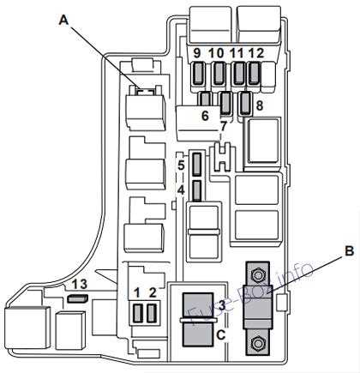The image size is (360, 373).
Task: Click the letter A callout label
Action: [64, 21]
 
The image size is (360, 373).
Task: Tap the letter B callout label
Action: [349, 251]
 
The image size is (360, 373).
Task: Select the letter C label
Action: [221, 334]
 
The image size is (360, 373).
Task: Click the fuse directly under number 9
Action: [198, 74]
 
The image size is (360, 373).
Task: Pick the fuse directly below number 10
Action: [219, 74]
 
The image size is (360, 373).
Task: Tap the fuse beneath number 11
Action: [238, 74]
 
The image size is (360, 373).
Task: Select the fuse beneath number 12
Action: [254, 74]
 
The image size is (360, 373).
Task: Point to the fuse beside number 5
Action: [196, 164]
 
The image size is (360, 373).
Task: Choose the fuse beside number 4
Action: [196, 190]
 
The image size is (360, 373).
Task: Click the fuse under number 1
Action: [138, 312]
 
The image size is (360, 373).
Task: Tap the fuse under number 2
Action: [152, 312]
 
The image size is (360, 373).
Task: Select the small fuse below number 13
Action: [77, 298]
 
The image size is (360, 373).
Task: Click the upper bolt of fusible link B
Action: [256, 275]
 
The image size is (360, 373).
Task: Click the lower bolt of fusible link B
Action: [256, 343]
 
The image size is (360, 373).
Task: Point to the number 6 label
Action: [205, 116]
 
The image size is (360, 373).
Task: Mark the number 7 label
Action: [223, 127]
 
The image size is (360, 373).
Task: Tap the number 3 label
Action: [222, 306]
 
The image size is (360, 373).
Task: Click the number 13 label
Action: [80, 285]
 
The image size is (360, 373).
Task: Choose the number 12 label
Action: [256, 53]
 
